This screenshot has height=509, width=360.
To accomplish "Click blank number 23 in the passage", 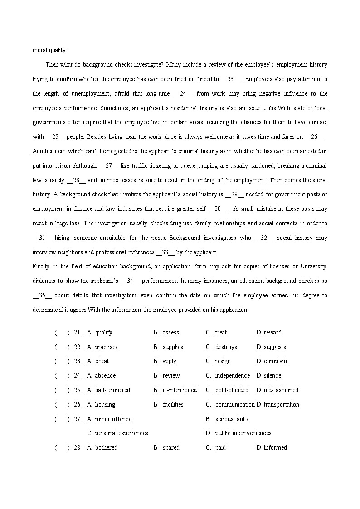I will pyautogui.click(x=230, y=79).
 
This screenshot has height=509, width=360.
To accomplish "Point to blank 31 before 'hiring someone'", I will pyautogui.click(x=42, y=238).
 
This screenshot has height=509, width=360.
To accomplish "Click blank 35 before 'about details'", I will pyautogui.click(x=42, y=296).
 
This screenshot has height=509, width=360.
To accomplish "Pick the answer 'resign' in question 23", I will pyautogui.click(x=223, y=361).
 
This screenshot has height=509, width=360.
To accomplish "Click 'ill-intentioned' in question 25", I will pyautogui.click(x=180, y=390).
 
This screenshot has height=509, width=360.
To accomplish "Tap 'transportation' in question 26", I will pyautogui.click(x=281, y=405).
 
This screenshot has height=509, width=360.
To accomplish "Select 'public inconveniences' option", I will pyautogui.click(x=243, y=433).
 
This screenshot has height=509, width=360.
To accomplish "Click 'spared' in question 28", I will pyautogui.click(x=171, y=448).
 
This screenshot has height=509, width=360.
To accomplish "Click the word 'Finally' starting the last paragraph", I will pyautogui.click(x=42, y=267).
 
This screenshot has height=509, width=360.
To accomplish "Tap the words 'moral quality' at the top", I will pyautogui.click(x=49, y=50).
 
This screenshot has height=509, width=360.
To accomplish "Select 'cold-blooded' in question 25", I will pyautogui.click(x=232, y=390).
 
